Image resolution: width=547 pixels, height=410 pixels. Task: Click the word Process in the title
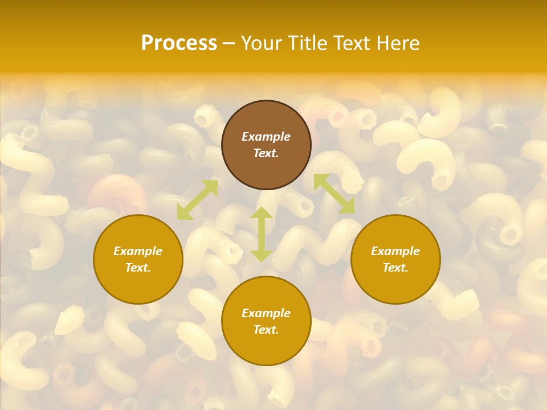click(x=179, y=43)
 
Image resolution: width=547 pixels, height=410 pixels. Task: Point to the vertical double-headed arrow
click(x=262, y=235)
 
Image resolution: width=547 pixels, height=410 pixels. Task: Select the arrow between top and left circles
click(x=198, y=200)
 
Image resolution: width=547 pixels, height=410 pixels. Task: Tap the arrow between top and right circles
click(x=334, y=194)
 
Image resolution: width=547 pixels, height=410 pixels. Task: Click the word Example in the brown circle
click(x=266, y=137)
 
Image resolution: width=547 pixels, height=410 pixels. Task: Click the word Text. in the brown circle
click(x=266, y=153)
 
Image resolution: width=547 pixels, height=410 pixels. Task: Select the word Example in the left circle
click(x=138, y=251)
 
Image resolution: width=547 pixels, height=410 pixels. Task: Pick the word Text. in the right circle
click(x=395, y=268)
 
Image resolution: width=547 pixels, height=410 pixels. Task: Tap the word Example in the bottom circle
click(x=266, y=313)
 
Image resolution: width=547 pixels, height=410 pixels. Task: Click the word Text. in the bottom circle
click(x=266, y=330)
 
